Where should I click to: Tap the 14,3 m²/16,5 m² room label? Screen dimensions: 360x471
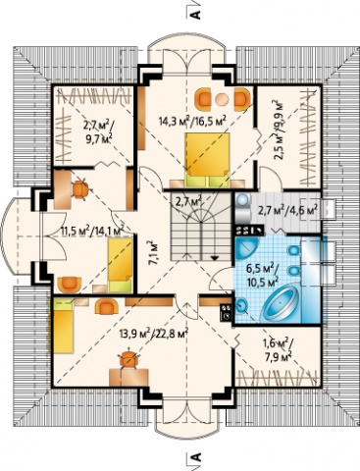193,122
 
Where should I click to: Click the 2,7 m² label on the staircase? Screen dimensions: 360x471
188,201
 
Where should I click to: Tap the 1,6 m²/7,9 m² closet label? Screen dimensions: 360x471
278,348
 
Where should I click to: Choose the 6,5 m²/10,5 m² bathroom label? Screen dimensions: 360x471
262,274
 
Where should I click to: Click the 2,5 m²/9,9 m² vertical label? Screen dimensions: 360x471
279,130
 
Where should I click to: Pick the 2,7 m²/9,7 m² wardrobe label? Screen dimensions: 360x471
97,132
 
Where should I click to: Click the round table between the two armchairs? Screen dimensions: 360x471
222,99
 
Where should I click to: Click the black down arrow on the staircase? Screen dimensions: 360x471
215,257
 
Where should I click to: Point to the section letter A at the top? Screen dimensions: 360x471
195,14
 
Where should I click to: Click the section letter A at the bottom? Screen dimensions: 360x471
195,457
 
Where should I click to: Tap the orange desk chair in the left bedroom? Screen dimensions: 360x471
80,189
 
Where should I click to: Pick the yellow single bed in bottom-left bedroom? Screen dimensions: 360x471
62,327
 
